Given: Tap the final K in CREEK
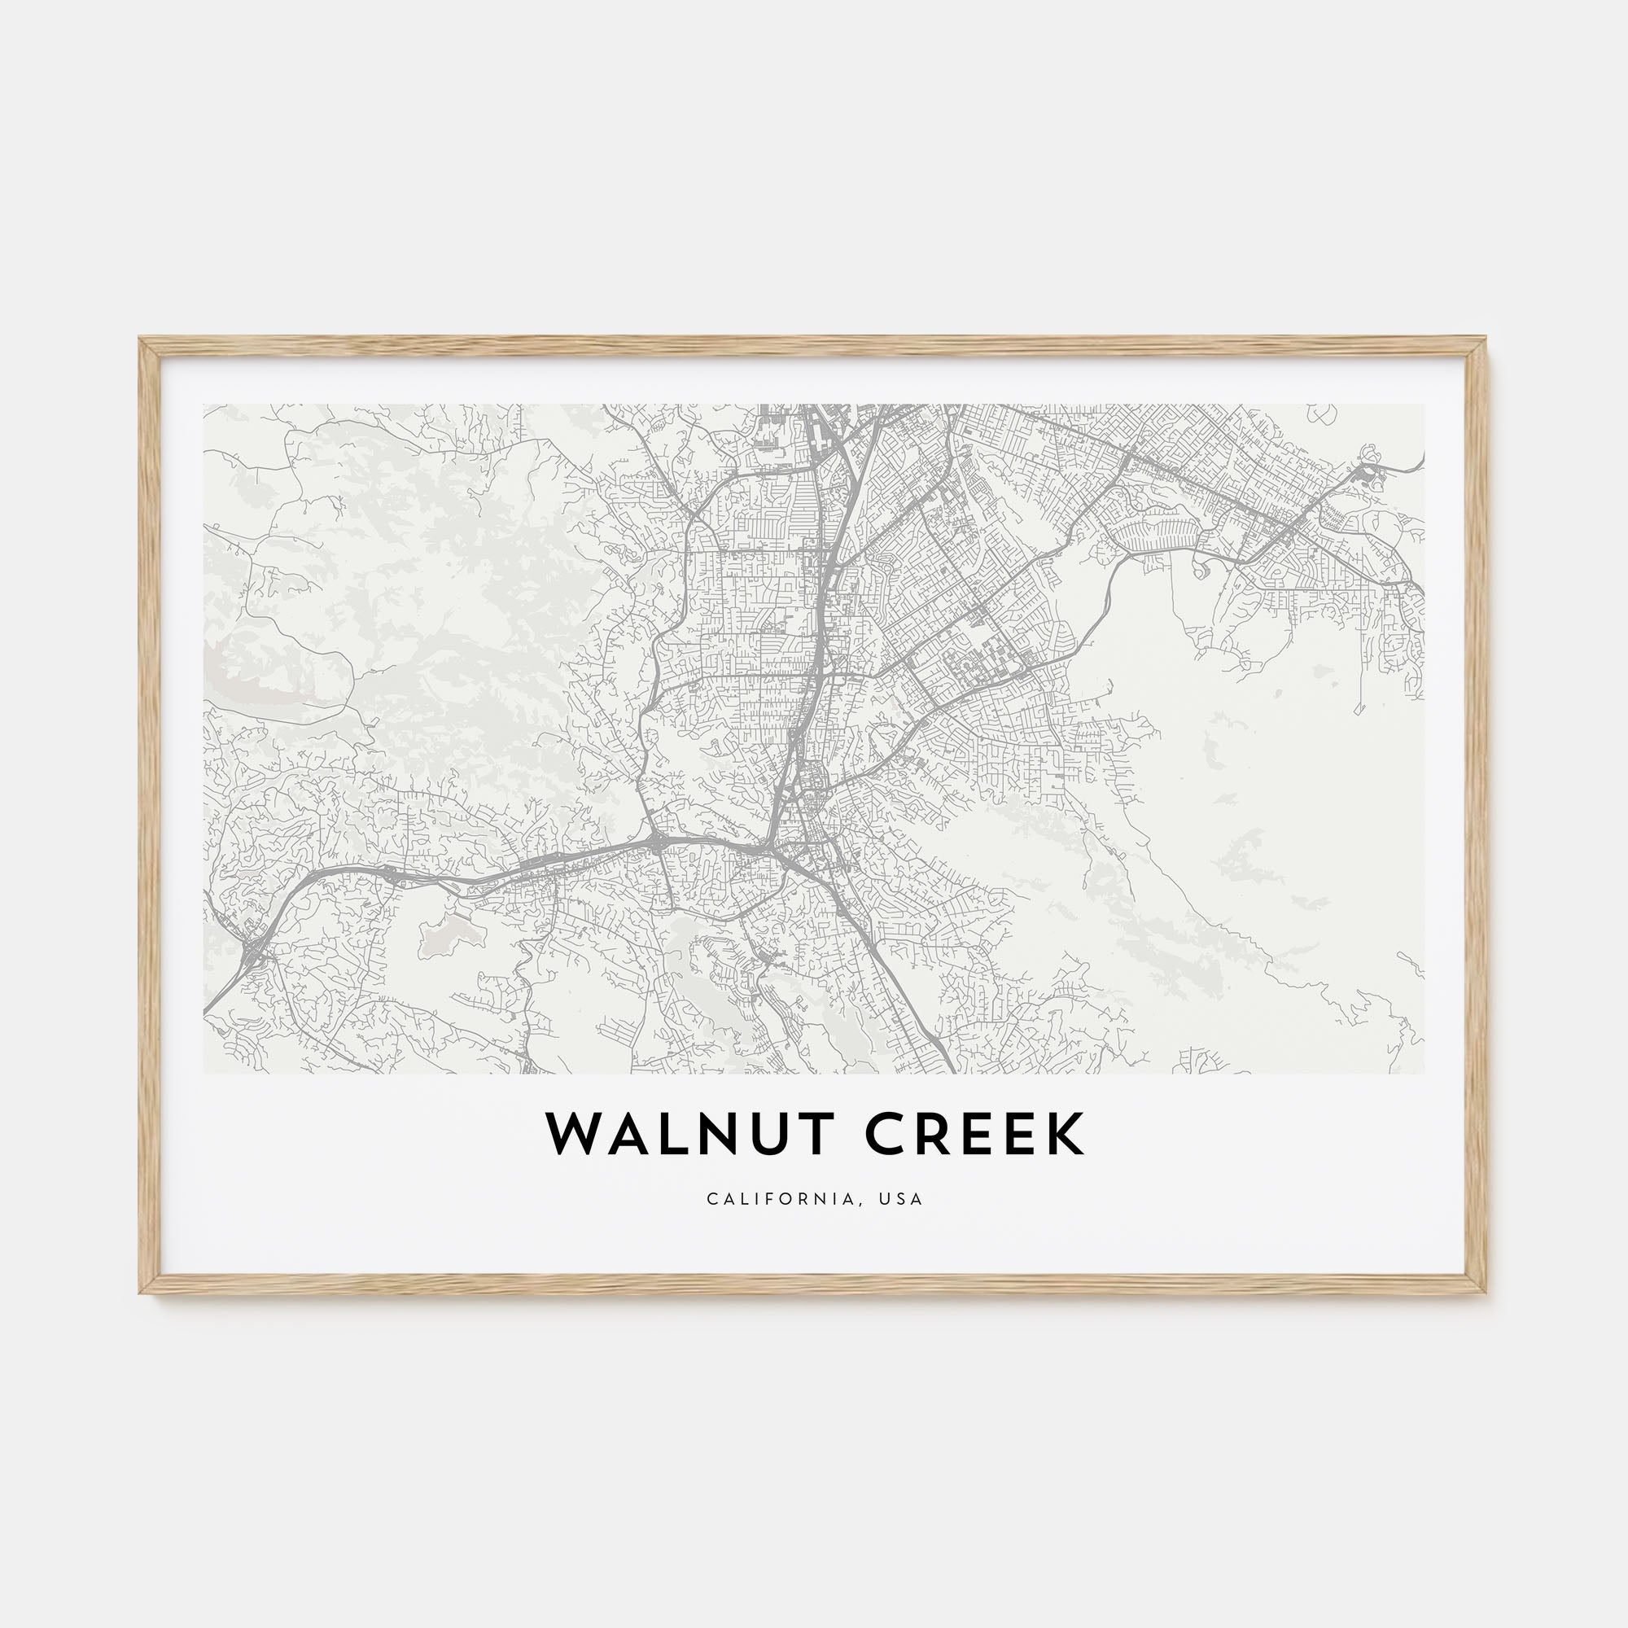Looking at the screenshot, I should click(x=1067, y=1136).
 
